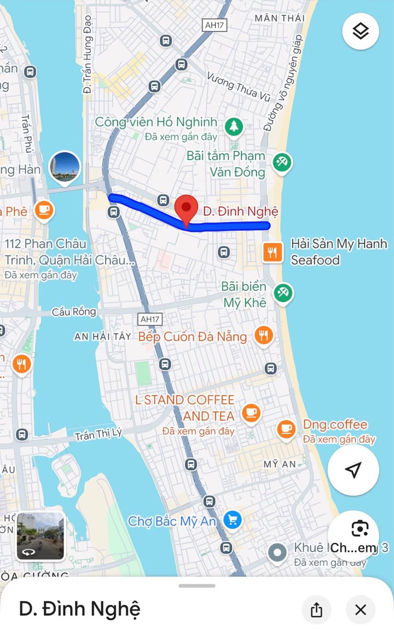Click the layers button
coord(361,32)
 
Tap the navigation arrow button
coord(354,470)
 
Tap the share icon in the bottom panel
coord(316,610)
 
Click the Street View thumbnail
coord(40,536)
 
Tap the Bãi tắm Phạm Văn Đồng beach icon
coord(283,162)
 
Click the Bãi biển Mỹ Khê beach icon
coord(283,293)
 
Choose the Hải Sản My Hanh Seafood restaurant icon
coord(273,252)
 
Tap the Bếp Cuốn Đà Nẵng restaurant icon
coord(264,335)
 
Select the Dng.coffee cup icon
coord(286,429)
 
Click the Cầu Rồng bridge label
coord(74,312)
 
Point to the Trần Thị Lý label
coord(99,434)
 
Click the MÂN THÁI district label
coord(280,18)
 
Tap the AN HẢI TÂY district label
coord(103,337)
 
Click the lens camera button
coord(360,529)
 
